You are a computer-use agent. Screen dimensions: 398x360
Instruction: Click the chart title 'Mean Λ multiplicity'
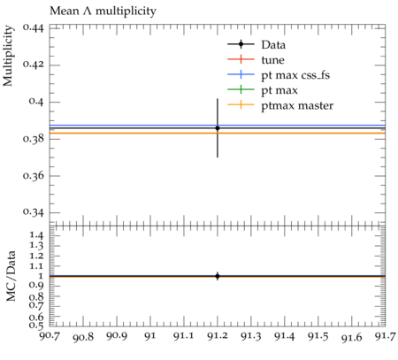tap(103, 11)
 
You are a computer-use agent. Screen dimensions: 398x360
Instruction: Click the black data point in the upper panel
tap(218, 128)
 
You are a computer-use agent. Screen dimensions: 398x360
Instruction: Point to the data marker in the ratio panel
tap(218, 276)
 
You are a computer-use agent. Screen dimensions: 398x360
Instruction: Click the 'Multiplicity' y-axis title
tap(8, 56)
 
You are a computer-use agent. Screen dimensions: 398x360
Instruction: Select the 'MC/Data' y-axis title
tap(11, 276)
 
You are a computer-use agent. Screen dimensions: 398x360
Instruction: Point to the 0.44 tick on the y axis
tap(34, 28)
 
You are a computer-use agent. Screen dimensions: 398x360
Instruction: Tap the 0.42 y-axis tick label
tap(34, 65)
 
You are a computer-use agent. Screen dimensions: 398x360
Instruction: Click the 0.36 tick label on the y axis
tap(34, 176)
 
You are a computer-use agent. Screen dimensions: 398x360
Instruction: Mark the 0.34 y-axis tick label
tap(34, 212)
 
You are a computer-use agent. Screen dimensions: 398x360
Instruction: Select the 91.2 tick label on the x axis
tap(218, 336)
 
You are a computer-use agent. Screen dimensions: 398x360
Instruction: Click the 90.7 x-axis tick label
tap(50, 336)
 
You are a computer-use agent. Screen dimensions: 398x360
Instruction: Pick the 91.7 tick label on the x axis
tap(385, 336)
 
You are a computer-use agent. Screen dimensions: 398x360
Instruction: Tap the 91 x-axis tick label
tap(150, 336)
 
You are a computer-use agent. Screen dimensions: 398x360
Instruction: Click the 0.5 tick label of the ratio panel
tap(36, 325)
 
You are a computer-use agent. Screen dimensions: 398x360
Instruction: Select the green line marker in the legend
tap(241, 89)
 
